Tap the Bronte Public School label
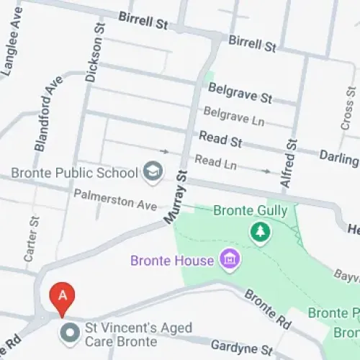pyautogui.click(x=74, y=173)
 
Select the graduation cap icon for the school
pyautogui.click(x=153, y=171)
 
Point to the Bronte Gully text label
pyautogui.click(x=251, y=211)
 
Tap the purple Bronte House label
pyautogui.click(x=172, y=260)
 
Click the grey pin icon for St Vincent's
pyautogui.click(x=70, y=333)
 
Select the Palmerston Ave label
pyautogui.click(x=115, y=199)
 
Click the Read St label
pyautogui.click(x=220, y=138)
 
